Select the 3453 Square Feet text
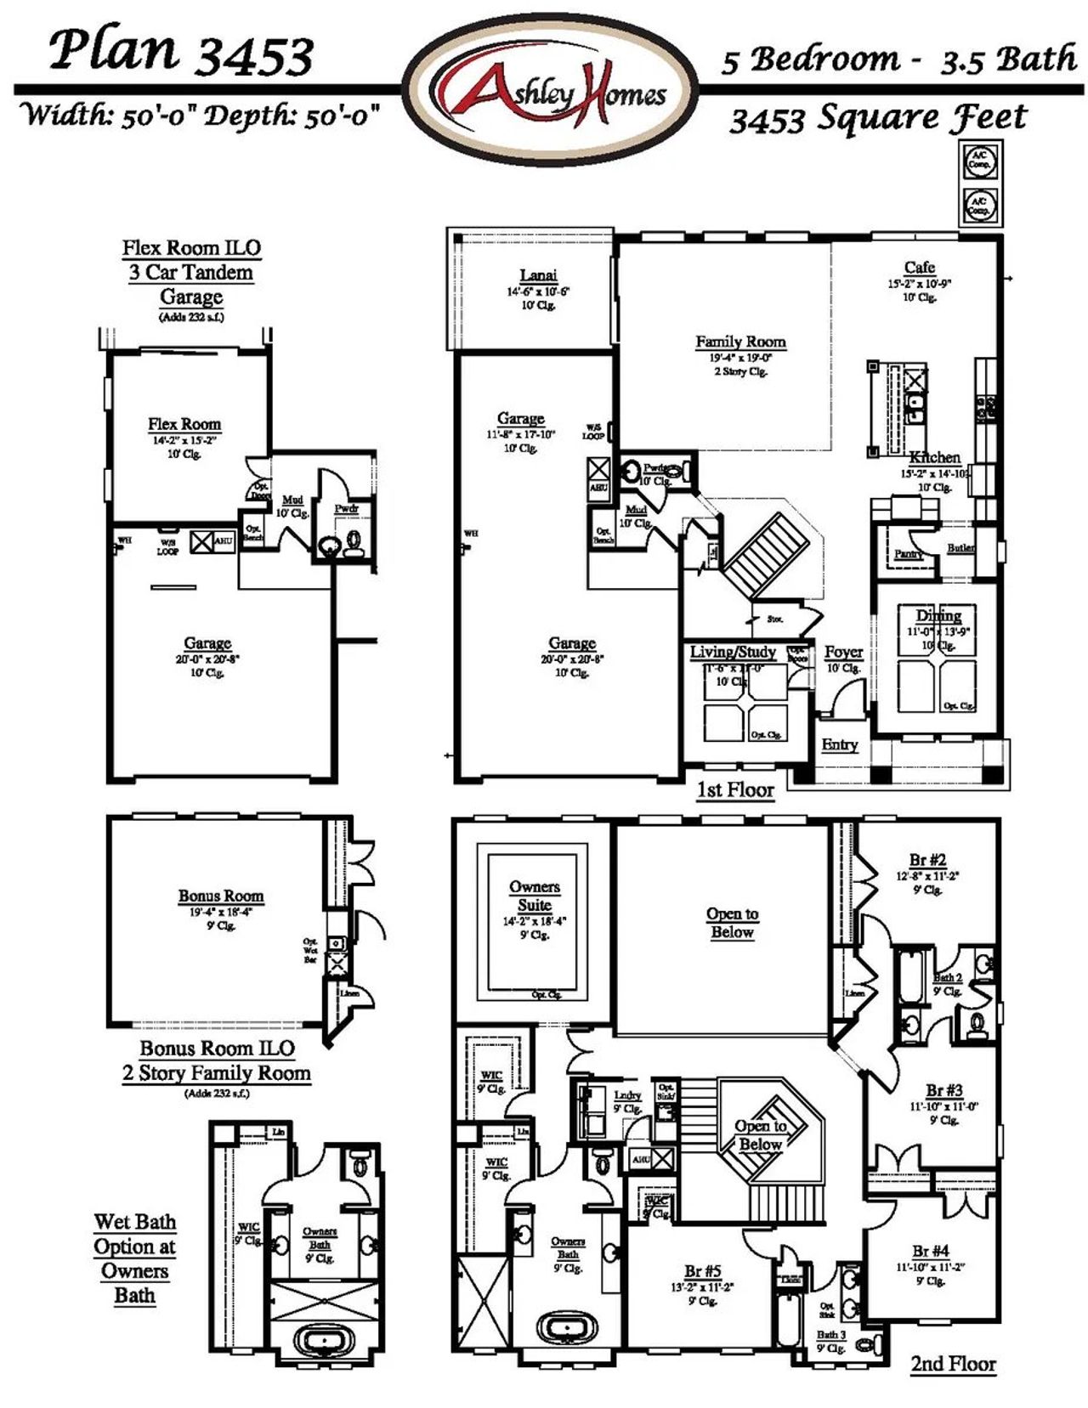[879, 118]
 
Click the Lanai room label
[538, 275]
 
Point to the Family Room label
[740, 342]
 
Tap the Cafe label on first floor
[920, 267]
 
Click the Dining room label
[938, 616]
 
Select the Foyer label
[843, 652]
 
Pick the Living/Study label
[733, 652]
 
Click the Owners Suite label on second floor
[535, 896]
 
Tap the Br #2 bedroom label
[926, 860]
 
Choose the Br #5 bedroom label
[702, 1271]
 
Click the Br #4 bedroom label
[930, 1251]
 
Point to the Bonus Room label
[221, 896]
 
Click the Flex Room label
[184, 424]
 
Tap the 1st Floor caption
[735, 789]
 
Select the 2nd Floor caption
[953, 1364]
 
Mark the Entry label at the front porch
[839, 744]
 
